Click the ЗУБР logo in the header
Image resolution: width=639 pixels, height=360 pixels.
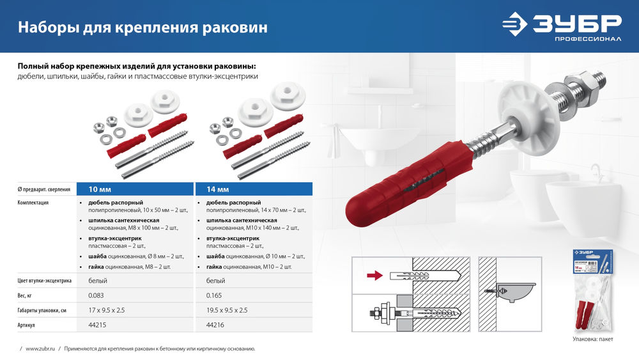point(561,27)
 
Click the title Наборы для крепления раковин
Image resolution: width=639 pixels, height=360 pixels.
point(142,27)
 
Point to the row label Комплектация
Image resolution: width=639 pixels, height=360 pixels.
point(33,203)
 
